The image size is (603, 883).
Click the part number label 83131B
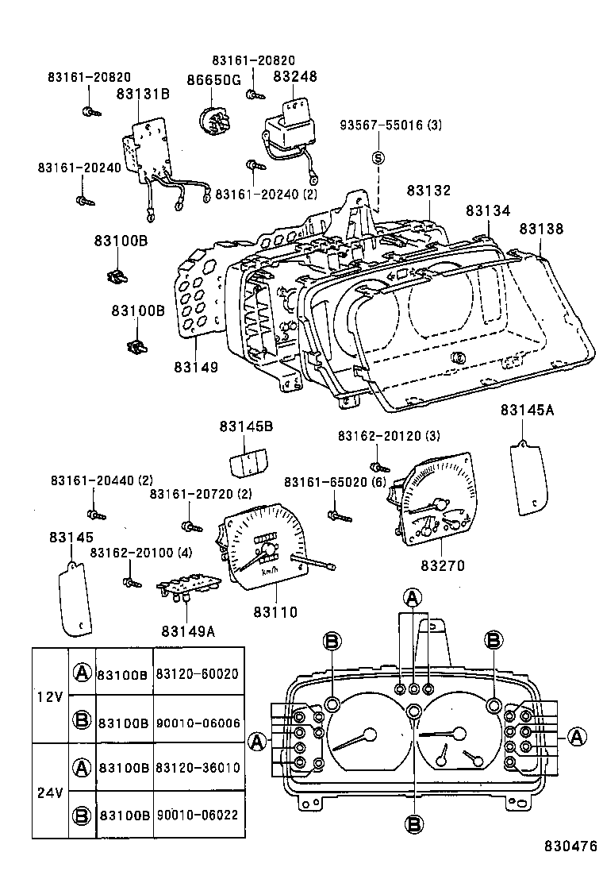coord(143,94)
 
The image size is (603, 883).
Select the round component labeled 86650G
coord(216,121)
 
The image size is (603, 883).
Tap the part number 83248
coord(295,77)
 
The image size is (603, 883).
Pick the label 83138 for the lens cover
coord(542,229)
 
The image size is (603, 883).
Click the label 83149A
coord(188,631)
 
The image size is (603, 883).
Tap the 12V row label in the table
coord(49,696)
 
